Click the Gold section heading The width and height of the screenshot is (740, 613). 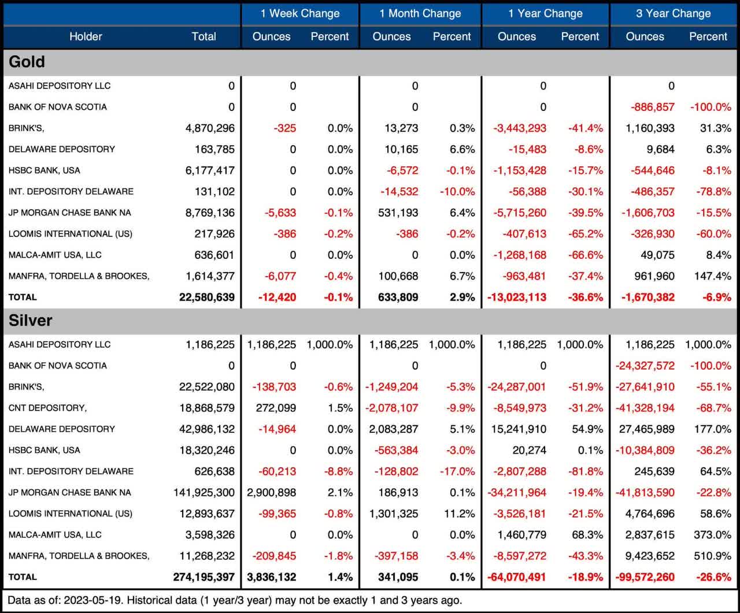(27, 62)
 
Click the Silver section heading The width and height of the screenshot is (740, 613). (31, 321)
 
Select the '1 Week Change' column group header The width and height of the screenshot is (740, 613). (300, 13)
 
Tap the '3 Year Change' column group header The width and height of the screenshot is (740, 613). (674, 13)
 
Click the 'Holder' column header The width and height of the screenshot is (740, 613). (86, 36)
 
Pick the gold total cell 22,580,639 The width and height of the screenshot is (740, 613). (207, 298)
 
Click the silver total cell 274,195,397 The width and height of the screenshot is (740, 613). (203, 577)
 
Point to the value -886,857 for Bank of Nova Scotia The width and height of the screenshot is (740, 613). (650, 107)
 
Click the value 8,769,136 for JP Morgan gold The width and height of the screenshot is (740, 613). (210, 213)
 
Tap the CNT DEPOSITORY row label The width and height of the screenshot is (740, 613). (47, 408)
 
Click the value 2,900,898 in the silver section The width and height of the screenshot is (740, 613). (272, 492)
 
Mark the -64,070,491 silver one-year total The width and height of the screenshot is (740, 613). (517, 577)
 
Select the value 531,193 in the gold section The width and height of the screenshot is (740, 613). (398, 213)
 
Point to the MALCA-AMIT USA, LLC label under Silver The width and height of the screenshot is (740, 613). (55, 535)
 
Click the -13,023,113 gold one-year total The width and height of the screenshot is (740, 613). (517, 298)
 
